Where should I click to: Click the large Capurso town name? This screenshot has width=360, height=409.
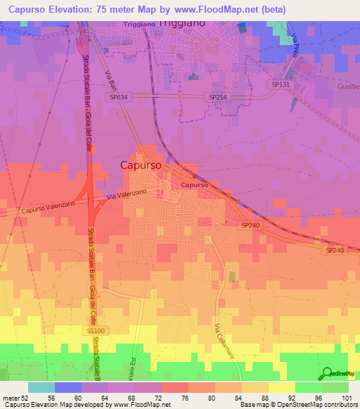tap(141, 165)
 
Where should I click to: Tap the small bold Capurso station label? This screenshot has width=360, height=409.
tap(193, 185)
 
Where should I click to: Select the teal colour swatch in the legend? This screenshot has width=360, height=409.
tap(41, 387)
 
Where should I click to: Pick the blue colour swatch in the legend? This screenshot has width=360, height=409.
tap(68, 387)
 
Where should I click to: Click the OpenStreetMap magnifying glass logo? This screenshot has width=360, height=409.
tap(326, 372)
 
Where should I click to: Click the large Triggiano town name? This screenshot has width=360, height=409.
tap(184, 23)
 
